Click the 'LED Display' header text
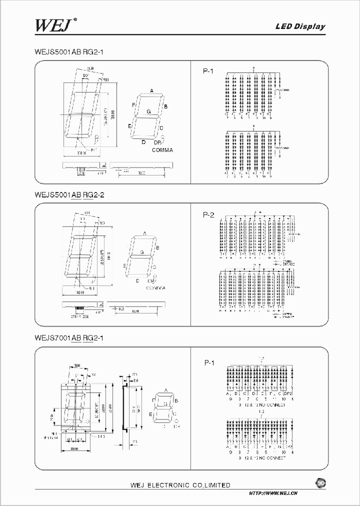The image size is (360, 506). coord(300,27)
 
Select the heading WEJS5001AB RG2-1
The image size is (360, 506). coord(69,52)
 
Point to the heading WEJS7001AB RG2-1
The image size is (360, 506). coord(69,337)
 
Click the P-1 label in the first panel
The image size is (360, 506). coord(208,72)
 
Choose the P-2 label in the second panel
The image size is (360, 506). coord(208,215)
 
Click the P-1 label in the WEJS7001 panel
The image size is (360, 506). coord(209,362)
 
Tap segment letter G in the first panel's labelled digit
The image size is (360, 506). coord(148,111)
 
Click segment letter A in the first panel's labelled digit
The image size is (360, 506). coord(151,91)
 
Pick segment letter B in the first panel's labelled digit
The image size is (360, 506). coord(165,106)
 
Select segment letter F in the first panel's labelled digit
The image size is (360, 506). coord(133,105)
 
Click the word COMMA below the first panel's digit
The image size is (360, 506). coord(162,150)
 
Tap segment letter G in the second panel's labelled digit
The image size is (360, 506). coord(142,253)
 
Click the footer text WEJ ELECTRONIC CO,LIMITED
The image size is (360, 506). coord(180,485)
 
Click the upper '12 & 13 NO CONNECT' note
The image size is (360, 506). coord(260,404)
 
